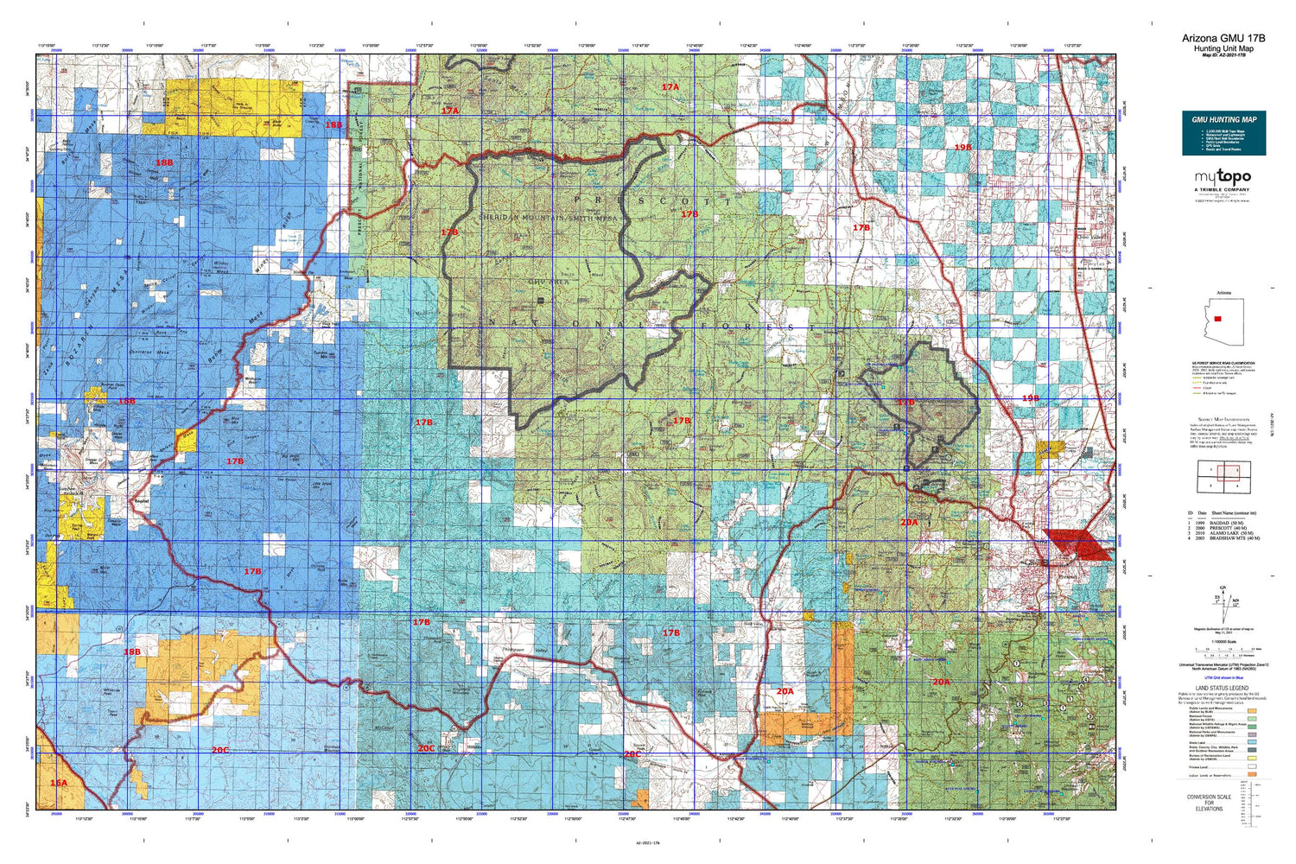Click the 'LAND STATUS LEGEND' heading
pos(1223,689)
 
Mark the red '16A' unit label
pos(58,783)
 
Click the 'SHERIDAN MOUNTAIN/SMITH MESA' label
pos(549,219)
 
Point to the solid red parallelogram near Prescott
pos(1077,545)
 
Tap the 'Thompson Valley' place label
pos(525,651)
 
